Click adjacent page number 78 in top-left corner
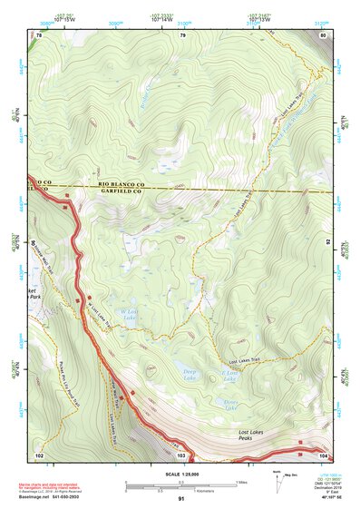coord(38,35)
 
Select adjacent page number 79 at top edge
coord(182,35)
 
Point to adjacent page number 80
coord(322,35)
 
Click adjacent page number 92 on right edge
coord(327,243)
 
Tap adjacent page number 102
coord(39,454)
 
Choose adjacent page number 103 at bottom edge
coord(181,454)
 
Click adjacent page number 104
coord(322,454)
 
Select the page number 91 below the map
coord(181,498)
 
